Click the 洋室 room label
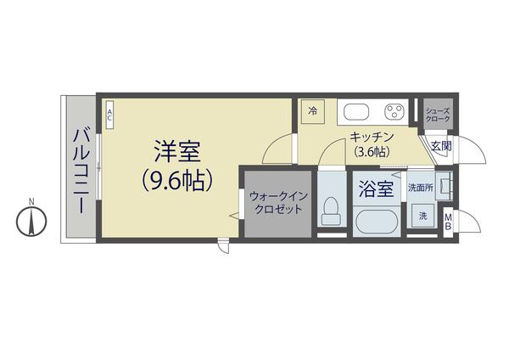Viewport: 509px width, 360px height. (x=176, y=152)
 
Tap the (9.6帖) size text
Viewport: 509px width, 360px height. (x=176, y=180)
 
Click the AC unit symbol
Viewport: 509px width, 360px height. (x=109, y=115)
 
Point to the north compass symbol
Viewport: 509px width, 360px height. (x=31, y=222)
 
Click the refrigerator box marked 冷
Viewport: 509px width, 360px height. (x=312, y=111)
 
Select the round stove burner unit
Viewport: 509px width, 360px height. (x=394, y=111)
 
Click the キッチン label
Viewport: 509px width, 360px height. (x=369, y=138)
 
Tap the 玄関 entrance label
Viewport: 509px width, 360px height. (x=441, y=146)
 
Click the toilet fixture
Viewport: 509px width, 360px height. (x=333, y=208)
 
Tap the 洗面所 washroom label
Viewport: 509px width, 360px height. (x=420, y=187)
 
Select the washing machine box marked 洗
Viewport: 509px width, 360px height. (x=422, y=217)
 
